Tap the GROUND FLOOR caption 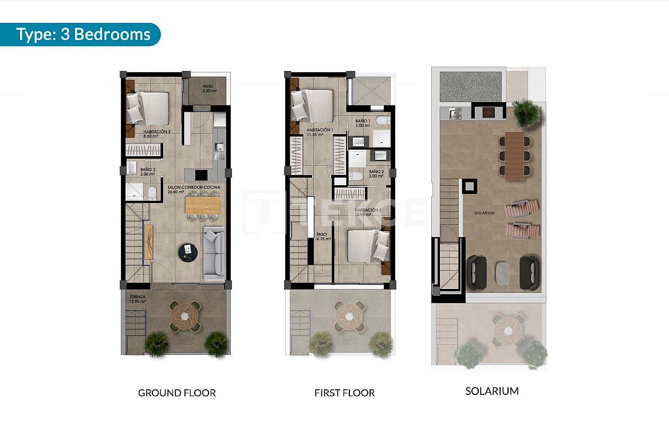tap(177, 393)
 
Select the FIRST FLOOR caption tap(344, 393)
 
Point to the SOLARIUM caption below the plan tap(491, 391)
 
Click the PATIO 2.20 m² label tap(209, 89)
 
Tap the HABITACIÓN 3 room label tap(157, 134)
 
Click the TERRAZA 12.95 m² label tap(137, 299)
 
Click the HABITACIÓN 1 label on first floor tap(320, 132)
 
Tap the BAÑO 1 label tap(363, 123)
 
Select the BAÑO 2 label tap(376, 174)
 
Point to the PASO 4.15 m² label tap(321, 237)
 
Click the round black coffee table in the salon tap(187, 250)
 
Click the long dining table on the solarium tap(514, 155)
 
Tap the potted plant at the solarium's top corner tap(526, 113)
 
